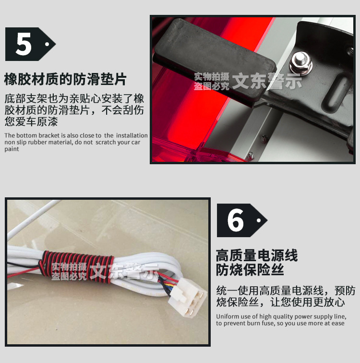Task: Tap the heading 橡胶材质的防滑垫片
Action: coord(65,78)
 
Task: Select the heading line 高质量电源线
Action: coord(256,254)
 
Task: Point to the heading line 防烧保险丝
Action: coord(250,269)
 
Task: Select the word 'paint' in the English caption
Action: coord(12,149)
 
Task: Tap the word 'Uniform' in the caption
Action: coord(227,316)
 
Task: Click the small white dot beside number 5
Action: coord(47,44)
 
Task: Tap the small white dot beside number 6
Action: coord(259,220)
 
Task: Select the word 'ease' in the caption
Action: coord(338,323)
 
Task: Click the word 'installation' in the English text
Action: coord(132,135)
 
